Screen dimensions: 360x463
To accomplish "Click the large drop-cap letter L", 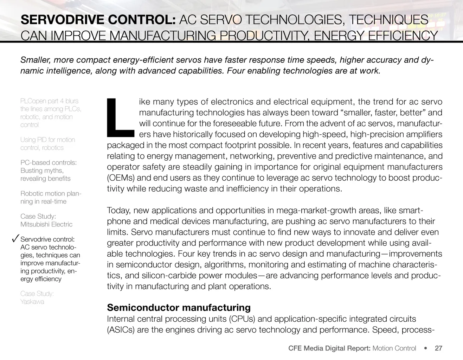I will coord(120,117).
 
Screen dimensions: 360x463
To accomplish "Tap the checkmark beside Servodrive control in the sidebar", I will coord(15,239).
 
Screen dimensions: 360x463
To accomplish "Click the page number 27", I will coord(438,348).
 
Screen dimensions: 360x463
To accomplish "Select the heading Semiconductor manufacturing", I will coord(179,308).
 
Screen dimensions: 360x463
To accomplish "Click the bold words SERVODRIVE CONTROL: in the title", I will coord(98,20).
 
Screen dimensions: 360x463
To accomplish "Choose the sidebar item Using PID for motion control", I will coord(47,143).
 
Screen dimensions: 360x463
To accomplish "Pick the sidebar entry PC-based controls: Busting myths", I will coord(49,171).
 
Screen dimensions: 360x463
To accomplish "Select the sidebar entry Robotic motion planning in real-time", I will coord(51,197).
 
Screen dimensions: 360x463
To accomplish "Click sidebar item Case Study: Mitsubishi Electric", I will coord(46,220).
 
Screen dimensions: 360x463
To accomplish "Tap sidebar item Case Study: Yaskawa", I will coord(37,297).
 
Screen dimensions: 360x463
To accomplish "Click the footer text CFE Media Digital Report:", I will coord(329,348).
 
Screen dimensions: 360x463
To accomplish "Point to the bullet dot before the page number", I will coord(426,348).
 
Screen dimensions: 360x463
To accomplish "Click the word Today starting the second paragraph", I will coord(118,211).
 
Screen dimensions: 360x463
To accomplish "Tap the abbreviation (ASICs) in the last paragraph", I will coord(121,330).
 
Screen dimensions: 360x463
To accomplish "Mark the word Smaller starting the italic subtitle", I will coord(35,60).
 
